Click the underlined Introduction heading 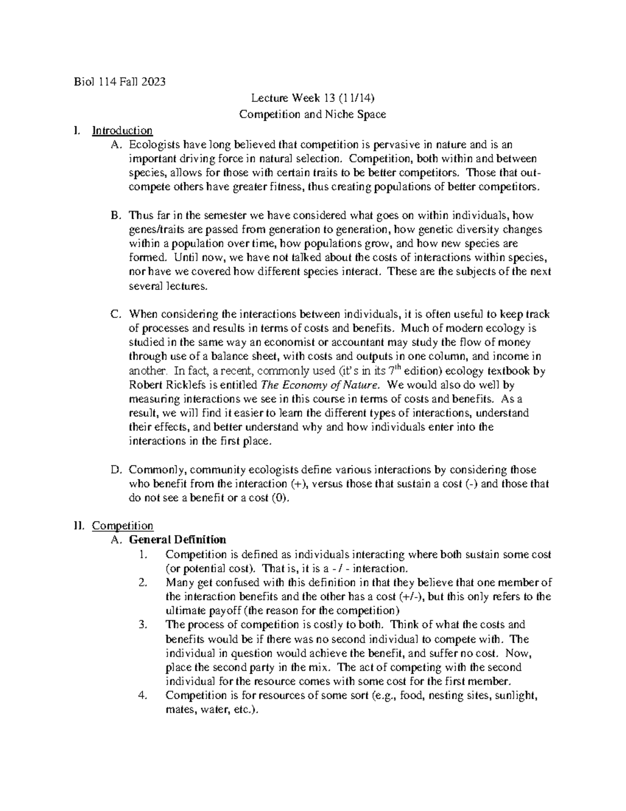pos(122,131)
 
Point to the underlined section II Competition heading pos(123,525)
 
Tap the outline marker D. pos(116,470)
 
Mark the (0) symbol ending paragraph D pos(279,498)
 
